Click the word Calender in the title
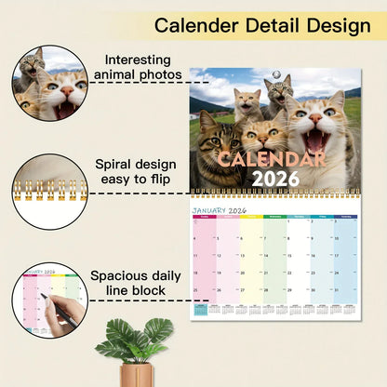(204, 25)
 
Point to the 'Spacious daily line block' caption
(143, 284)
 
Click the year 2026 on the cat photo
(274, 178)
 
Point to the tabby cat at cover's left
(215, 153)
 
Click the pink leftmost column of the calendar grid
(204, 260)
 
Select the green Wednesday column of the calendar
(274, 260)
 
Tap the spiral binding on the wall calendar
(274, 194)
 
